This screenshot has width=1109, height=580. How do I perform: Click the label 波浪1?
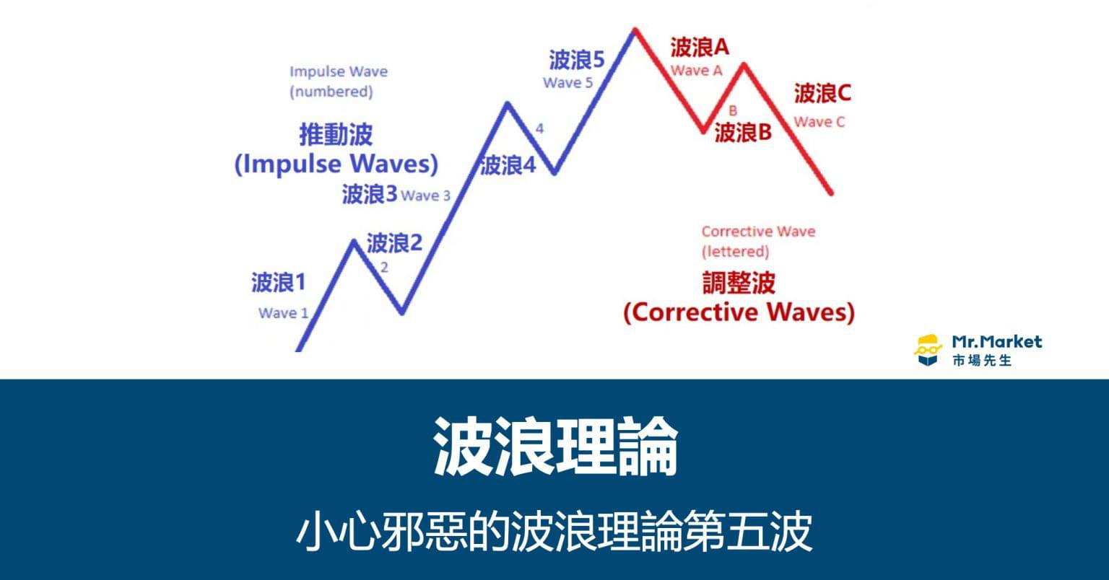point(278,283)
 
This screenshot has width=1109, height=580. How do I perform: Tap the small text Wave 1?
point(283,313)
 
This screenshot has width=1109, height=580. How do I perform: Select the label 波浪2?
point(394,243)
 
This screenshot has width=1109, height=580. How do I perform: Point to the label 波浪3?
point(370,194)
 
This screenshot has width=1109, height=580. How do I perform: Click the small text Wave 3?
point(426,196)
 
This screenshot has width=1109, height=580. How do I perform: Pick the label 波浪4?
point(508,165)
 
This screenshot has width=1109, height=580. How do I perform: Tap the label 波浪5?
point(577,60)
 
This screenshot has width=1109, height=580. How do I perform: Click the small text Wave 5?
point(568,83)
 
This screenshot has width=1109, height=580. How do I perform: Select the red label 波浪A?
point(700,48)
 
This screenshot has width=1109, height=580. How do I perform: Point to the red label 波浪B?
point(743,133)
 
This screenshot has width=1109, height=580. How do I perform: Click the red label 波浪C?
point(822,93)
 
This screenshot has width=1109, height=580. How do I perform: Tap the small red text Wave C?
point(819,122)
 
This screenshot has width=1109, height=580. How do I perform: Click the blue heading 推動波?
point(336,135)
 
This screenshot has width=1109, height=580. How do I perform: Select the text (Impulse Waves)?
point(336,164)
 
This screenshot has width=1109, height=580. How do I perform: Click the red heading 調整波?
point(739,283)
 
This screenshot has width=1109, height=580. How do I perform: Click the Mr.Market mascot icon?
point(928,350)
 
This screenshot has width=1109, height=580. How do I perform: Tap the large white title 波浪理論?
point(555,445)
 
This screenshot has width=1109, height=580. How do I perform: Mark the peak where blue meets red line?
point(634,30)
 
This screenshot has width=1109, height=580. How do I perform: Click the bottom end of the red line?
point(831,193)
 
